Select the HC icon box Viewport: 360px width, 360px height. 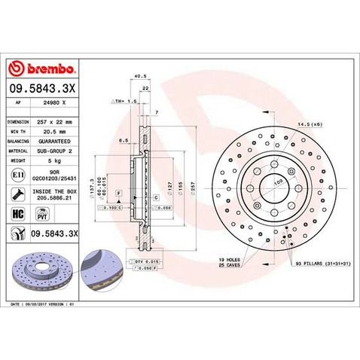coord(17,215)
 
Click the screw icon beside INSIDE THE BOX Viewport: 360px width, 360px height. coord(17,194)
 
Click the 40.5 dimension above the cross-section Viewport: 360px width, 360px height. coord(139,76)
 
